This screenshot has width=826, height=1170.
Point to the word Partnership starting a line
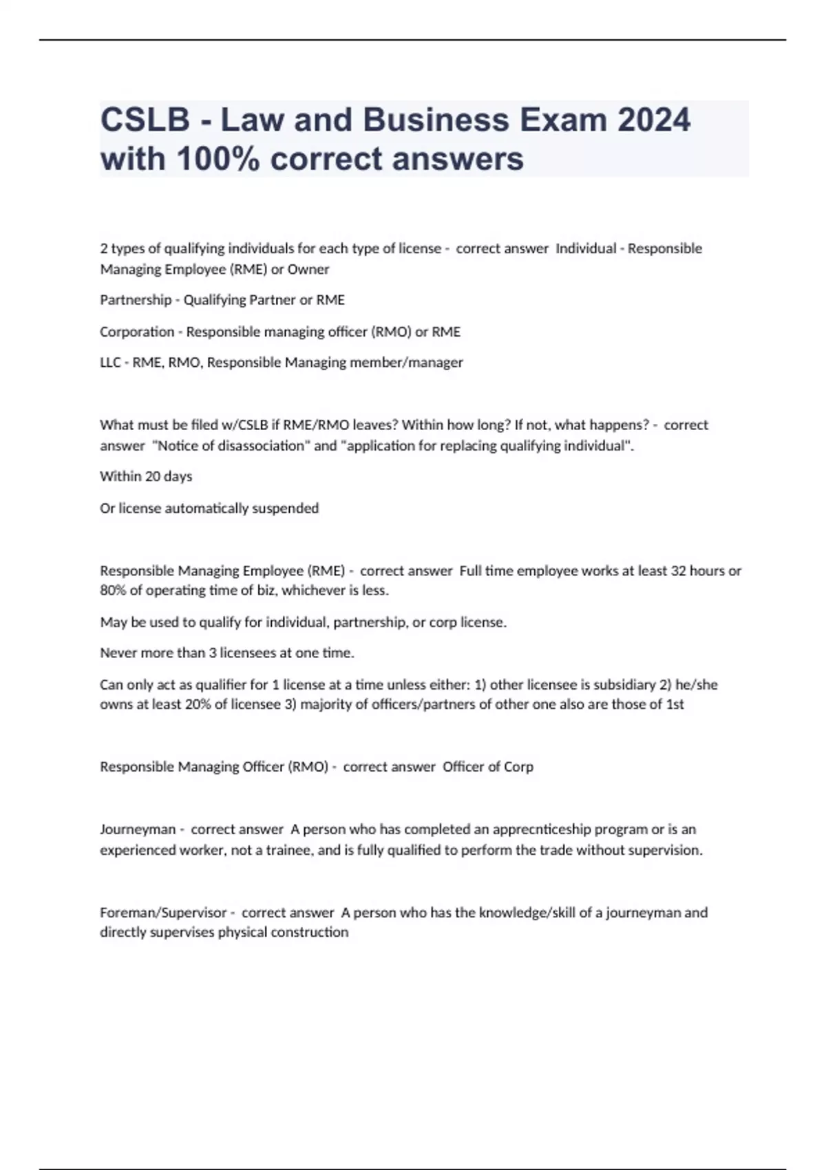(x=136, y=300)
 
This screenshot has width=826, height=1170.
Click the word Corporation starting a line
(x=137, y=332)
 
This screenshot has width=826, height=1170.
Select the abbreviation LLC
(x=110, y=363)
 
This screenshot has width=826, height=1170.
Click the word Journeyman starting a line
(x=138, y=830)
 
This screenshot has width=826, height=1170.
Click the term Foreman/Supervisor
(x=163, y=913)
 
